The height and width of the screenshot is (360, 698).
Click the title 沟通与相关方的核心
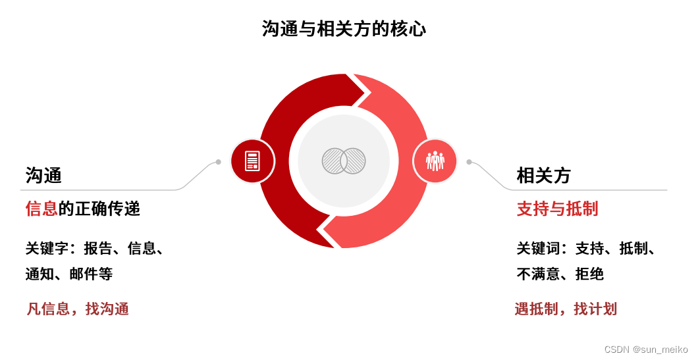[344, 29]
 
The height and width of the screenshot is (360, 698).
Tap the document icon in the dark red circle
[252, 161]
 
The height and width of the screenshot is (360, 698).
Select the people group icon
[435, 161]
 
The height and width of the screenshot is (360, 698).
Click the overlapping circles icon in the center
[344, 161]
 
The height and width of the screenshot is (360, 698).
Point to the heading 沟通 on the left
[43, 175]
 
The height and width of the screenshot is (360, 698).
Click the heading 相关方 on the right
[543, 175]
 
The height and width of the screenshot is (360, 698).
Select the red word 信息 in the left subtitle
[41, 209]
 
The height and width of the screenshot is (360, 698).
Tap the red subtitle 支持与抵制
[557, 209]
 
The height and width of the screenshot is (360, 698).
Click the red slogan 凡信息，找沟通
[78, 309]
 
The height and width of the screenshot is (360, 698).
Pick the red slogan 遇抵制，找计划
[566, 309]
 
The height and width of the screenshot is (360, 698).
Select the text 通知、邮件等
[69, 274]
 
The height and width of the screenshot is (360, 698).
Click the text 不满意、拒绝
[560, 274]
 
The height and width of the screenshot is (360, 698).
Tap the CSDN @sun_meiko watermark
[645, 349]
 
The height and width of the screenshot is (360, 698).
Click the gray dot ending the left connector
[218, 162]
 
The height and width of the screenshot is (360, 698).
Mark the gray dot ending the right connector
[469, 162]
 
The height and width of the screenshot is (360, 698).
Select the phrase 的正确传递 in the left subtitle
[99, 209]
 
